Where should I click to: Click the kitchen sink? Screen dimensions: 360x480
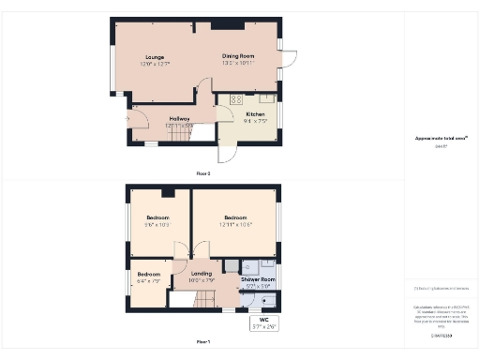(267, 97)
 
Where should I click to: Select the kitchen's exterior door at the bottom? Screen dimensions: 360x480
(225, 148)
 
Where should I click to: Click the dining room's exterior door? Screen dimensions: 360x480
(291, 57)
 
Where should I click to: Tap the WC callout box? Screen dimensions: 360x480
(263, 324)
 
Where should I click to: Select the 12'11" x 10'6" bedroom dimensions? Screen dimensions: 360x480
(234, 224)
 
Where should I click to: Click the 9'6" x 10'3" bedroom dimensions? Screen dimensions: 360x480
(157, 224)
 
